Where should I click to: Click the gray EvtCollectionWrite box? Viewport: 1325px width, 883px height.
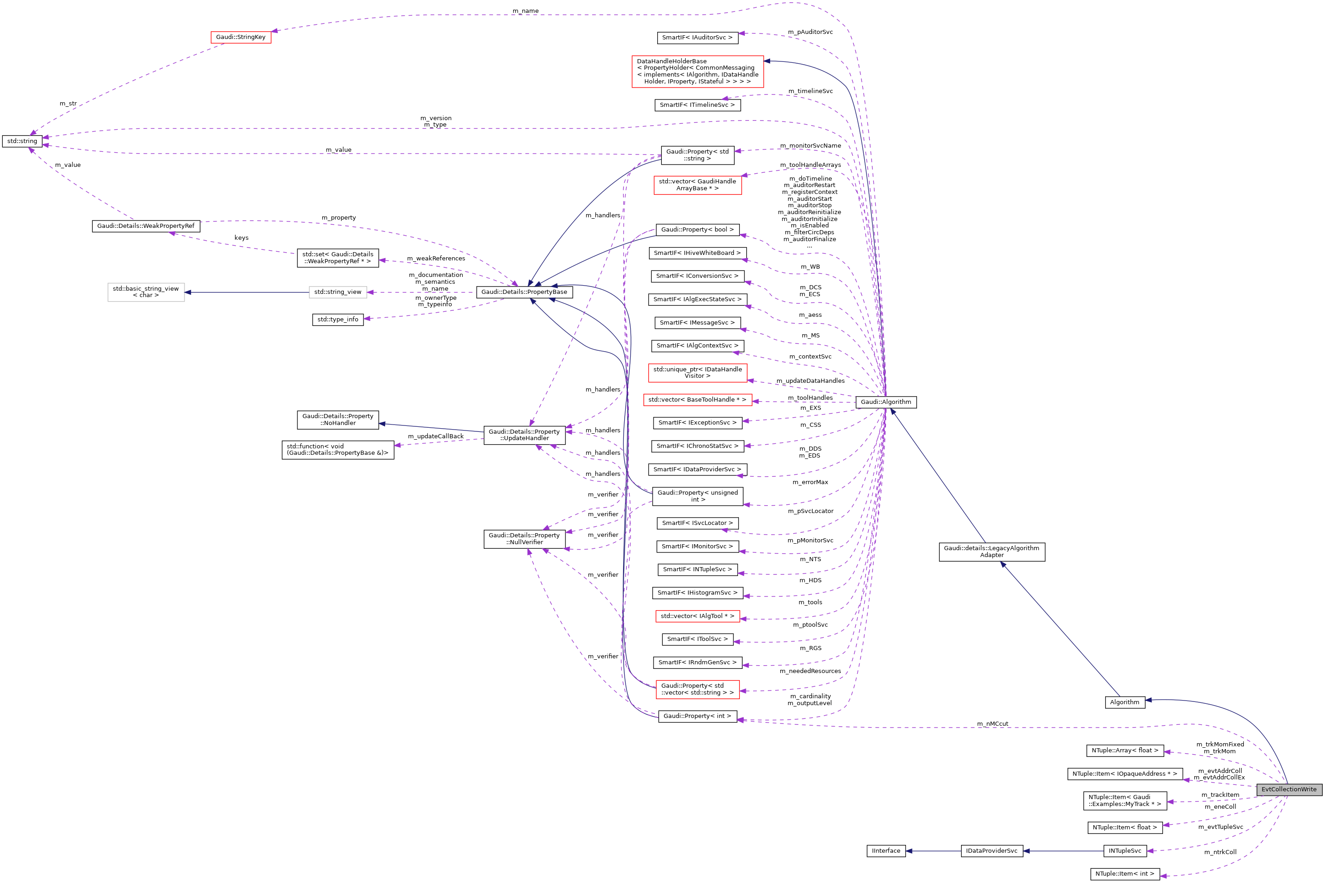[x=1288, y=789]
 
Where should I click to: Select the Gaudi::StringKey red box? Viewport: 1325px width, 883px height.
[x=240, y=37]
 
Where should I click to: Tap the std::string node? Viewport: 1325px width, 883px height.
[x=22, y=141]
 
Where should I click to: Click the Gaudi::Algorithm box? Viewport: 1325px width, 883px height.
[x=885, y=402]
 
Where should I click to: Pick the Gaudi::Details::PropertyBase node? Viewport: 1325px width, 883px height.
[x=524, y=292]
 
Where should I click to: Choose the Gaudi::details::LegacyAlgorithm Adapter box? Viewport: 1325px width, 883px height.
[x=991, y=552]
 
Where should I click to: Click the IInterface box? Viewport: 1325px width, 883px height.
[x=885, y=851]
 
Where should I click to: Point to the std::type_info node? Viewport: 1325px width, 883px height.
[x=338, y=319]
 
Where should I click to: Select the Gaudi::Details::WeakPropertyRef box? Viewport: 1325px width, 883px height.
[x=145, y=226]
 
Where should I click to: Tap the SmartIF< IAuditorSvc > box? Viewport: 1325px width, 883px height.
[x=697, y=38]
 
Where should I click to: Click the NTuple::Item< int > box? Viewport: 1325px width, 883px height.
[x=1124, y=874]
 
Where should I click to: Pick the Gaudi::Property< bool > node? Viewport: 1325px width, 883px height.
[x=697, y=230]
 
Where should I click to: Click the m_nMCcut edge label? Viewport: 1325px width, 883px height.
[x=992, y=723]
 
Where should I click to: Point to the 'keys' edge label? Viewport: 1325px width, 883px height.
[x=241, y=237]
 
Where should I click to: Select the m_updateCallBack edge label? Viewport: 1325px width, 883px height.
[x=436, y=436]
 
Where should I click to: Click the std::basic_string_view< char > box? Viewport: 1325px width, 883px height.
[x=145, y=292]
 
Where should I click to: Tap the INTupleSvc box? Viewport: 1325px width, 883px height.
[x=1124, y=851]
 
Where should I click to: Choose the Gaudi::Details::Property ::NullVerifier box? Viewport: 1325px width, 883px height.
[x=524, y=539]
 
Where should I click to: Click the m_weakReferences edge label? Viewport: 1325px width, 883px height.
[x=436, y=259]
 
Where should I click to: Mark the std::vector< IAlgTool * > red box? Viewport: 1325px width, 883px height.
[x=697, y=616]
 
